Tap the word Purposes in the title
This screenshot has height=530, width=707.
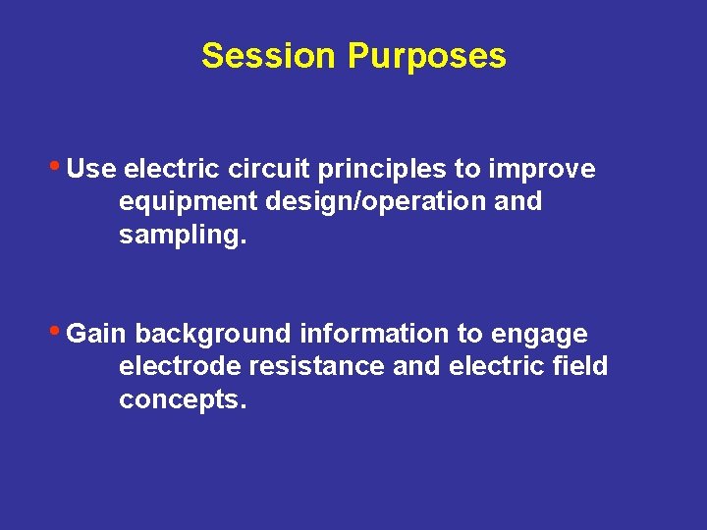pos(426,56)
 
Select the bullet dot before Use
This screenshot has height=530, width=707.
pos(58,165)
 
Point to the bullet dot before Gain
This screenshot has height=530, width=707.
pos(58,330)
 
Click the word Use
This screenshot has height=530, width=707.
pos(91,169)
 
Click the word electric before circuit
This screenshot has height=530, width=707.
pos(170,169)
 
